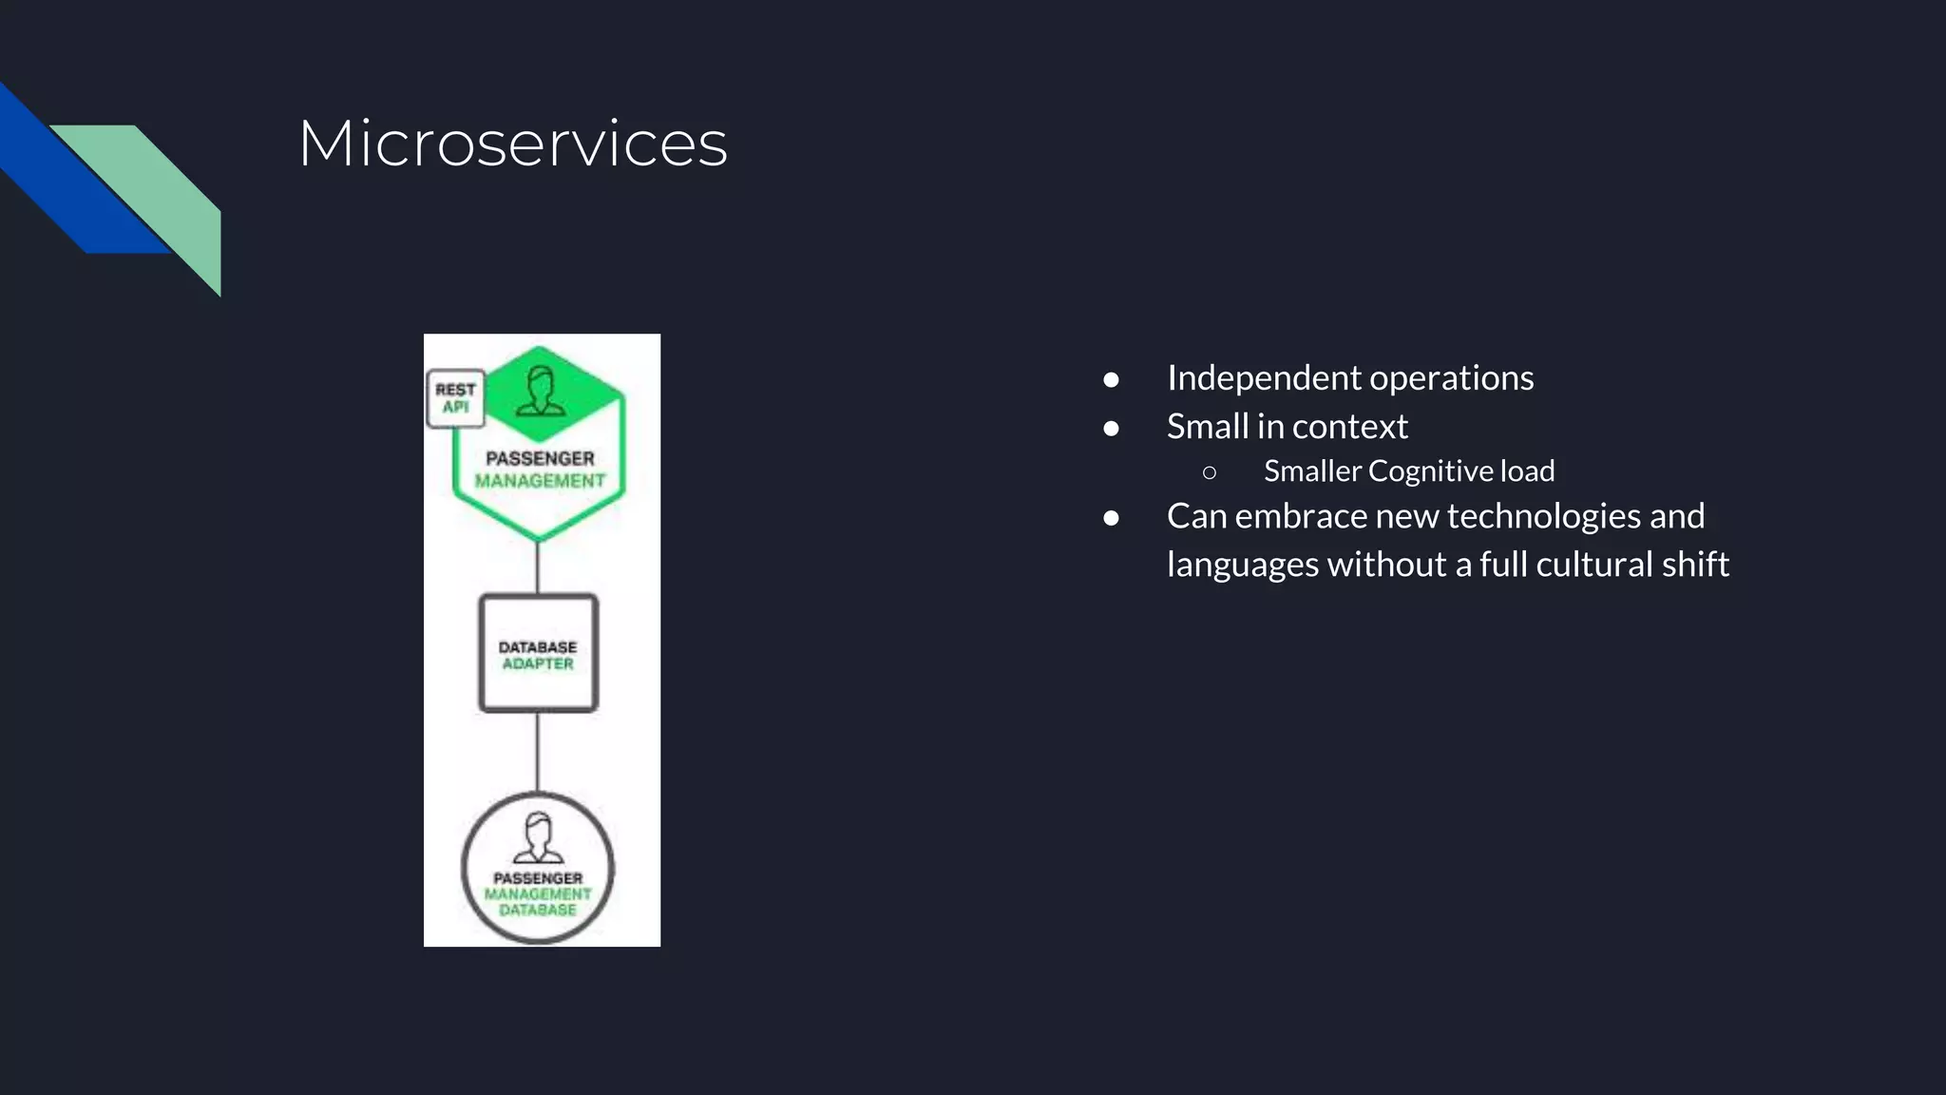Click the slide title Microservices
(x=512, y=144)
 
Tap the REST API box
(x=455, y=398)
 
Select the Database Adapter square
(x=538, y=654)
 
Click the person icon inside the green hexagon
(x=540, y=392)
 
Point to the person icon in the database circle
(x=538, y=837)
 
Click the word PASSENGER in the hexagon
(x=540, y=458)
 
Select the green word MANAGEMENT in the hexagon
(x=540, y=481)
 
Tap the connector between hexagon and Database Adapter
(x=538, y=567)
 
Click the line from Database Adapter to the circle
(x=538, y=751)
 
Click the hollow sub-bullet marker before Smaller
(x=1209, y=472)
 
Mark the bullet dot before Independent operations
(x=1111, y=380)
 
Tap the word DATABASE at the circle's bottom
(x=538, y=910)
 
